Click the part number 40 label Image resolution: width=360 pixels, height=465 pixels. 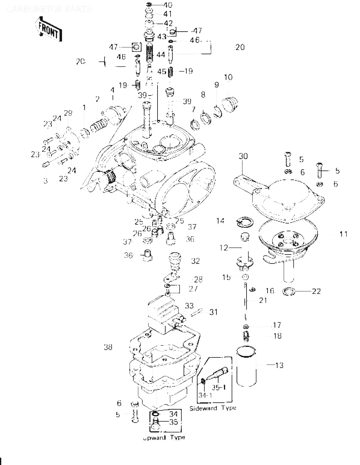168,5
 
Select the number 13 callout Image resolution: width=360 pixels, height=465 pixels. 279,365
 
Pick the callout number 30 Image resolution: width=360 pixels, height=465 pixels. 243,156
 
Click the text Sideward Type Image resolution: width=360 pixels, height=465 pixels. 212,408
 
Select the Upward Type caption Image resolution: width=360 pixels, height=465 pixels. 164,437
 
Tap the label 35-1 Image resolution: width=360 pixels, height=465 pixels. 219,387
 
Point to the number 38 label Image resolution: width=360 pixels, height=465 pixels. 108,347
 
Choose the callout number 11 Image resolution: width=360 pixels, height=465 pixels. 343,234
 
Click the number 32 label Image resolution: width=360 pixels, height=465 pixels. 195,261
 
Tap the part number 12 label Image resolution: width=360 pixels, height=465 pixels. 224,248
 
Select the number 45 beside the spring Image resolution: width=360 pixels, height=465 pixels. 162,72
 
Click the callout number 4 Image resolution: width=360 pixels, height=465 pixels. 112,90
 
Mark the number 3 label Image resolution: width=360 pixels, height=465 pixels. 46,180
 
